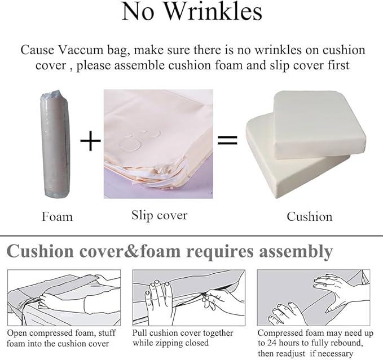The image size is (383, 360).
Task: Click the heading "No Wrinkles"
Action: coord(192,11)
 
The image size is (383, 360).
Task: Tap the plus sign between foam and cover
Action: coord(90,141)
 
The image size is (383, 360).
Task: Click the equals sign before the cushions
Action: coord(227,140)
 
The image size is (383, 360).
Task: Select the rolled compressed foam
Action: coord(56,144)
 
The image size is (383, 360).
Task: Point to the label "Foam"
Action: coord(57,216)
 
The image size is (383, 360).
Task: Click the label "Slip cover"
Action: coord(159,215)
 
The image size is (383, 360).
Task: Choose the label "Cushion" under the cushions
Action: coord(310,216)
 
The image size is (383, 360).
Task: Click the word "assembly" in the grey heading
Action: coord(296,252)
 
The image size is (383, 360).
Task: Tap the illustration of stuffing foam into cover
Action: coord(64,297)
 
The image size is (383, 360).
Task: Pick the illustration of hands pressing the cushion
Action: coord(314,297)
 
